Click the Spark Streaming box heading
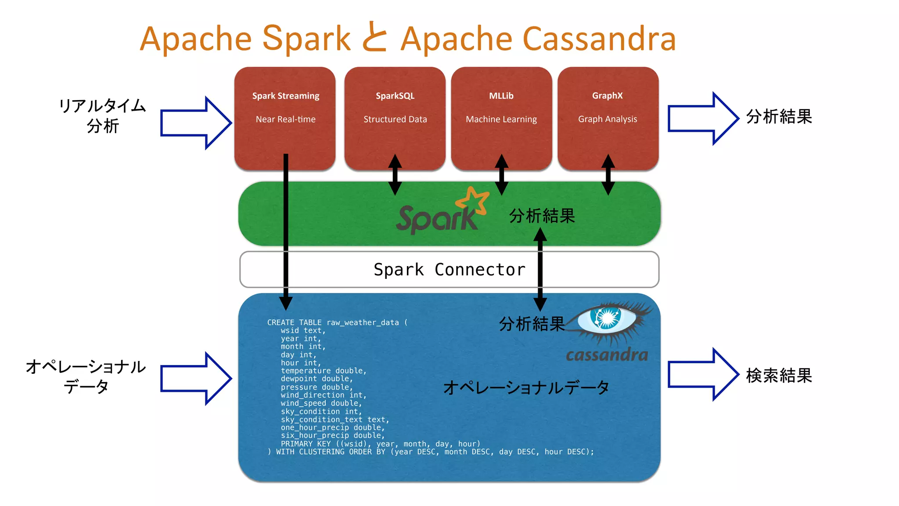click(x=285, y=96)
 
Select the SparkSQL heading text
click(x=395, y=96)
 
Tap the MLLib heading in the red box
click(x=501, y=96)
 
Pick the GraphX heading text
click(x=607, y=96)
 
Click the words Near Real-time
click(x=285, y=119)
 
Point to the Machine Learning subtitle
click(x=501, y=119)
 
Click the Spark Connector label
click(x=449, y=269)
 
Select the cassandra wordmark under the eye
click(x=607, y=354)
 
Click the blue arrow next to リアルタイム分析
click(x=196, y=123)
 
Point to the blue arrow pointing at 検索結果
click(x=703, y=374)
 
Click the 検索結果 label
click(x=779, y=376)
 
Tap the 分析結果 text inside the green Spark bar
click(x=542, y=216)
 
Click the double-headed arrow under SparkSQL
click(x=395, y=174)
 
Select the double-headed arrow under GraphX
click(x=608, y=174)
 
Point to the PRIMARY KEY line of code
click(x=380, y=444)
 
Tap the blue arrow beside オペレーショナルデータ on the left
click(x=196, y=378)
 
